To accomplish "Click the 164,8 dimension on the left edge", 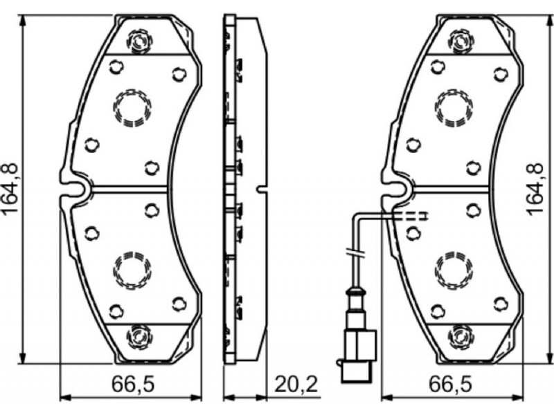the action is (x=10, y=189).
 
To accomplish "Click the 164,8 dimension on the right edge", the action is (x=535, y=189).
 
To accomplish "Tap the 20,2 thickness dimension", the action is (x=296, y=385).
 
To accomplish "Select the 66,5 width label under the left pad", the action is (x=133, y=385).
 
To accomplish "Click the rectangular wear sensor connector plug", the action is (x=357, y=356).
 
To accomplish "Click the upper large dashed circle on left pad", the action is (x=132, y=108).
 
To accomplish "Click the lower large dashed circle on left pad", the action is (x=132, y=270).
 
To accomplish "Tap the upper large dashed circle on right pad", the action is (x=454, y=108).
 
